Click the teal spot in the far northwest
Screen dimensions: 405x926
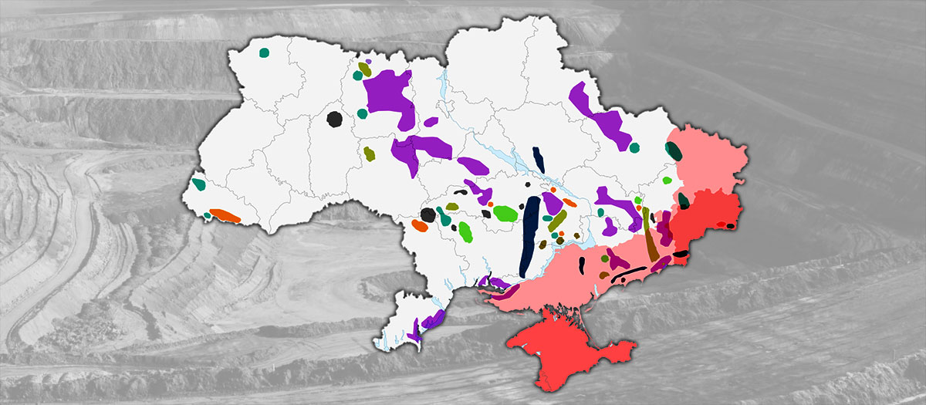click(x=263, y=53)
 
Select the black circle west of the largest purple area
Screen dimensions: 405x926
click(x=334, y=119)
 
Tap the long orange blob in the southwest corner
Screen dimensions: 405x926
click(x=225, y=215)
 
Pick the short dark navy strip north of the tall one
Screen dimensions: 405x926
click(x=538, y=160)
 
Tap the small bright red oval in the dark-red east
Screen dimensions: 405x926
click(x=721, y=224)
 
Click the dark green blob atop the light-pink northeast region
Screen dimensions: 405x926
click(x=674, y=151)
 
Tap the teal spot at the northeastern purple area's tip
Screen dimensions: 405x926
click(x=634, y=147)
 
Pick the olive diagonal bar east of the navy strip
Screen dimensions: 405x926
click(x=557, y=221)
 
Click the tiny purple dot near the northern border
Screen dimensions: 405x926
click(x=369, y=61)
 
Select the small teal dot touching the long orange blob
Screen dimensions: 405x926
click(x=208, y=215)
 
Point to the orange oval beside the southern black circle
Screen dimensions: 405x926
click(x=419, y=226)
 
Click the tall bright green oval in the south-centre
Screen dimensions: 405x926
click(x=465, y=230)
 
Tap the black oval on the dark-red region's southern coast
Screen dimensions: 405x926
click(x=681, y=253)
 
